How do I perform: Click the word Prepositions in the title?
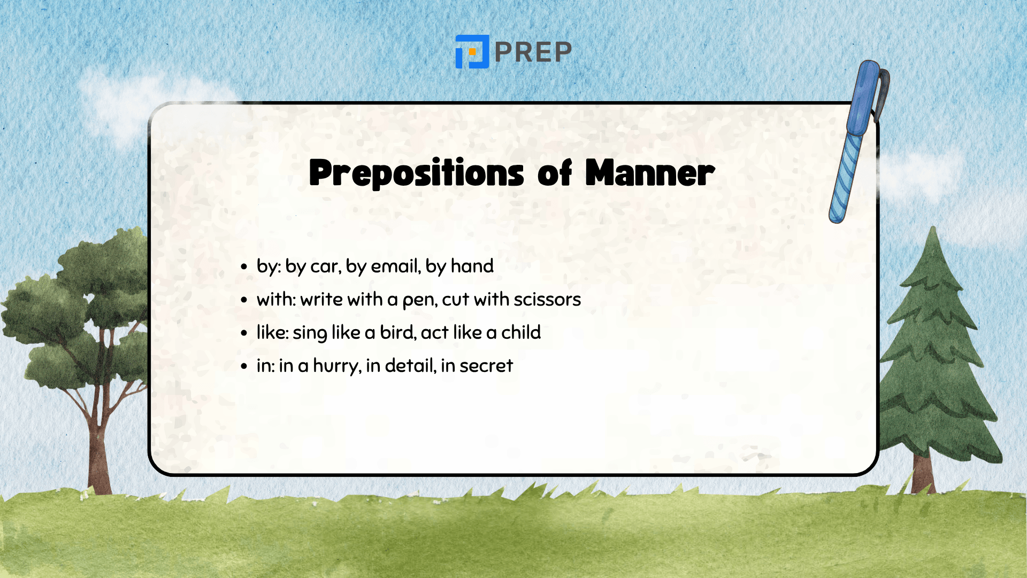tap(416, 173)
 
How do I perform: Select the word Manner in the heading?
tap(649, 173)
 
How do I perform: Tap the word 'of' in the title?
tap(555, 173)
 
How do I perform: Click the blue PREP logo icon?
tap(472, 52)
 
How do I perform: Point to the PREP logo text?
tap(533, 52)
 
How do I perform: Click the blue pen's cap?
tap(865, 96)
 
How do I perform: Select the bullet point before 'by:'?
tap(244, 267)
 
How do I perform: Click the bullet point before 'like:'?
tap(244, 333)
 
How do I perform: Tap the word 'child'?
tap(520, 332)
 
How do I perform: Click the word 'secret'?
tap(486, 366)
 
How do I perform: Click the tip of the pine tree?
tap(933, 231)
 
